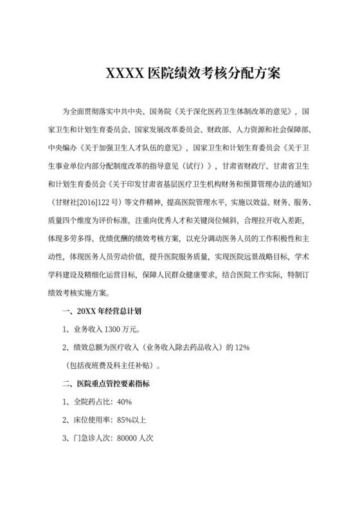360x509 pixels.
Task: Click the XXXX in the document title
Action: point(125,71)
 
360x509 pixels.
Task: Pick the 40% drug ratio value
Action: point(124,402)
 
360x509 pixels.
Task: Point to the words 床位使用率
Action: point(90,421)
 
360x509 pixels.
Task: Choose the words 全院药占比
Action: point(90,402)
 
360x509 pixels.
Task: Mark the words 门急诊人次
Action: point(90,439)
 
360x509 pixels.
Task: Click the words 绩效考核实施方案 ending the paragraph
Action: point(76,292)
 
